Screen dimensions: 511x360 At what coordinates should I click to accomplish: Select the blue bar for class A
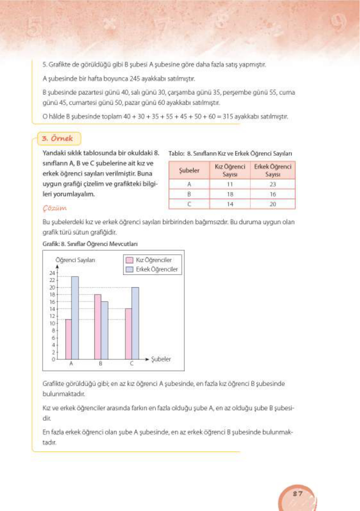point(75,318)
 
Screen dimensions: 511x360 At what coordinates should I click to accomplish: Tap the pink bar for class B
point(98,327)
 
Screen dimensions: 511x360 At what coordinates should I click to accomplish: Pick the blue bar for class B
point(105,330)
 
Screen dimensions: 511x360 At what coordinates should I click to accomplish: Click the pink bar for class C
point(129,334)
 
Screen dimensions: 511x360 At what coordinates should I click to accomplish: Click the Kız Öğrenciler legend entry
point(153,260)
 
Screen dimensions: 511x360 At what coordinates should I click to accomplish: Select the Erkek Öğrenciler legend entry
point(156,269)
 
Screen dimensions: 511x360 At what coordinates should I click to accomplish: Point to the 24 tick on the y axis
point(52,273)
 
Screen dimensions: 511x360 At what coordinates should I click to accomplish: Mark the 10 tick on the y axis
point(52,323)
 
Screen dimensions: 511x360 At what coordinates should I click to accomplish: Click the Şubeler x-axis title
point(161,359)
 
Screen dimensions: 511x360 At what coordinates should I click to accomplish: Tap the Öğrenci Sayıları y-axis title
point(75,260)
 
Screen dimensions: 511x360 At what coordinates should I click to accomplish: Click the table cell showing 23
point(272,184)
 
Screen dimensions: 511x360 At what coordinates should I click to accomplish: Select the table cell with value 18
point(230,194)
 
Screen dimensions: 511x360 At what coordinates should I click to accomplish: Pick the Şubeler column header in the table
point(189,171)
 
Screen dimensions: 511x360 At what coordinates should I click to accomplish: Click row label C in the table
point(189,204)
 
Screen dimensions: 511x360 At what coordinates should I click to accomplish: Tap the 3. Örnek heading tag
point(58,138)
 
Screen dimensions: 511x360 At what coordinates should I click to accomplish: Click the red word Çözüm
point(54,208)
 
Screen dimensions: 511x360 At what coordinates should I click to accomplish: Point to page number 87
point(298,494)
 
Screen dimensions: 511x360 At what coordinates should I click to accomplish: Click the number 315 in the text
point(228,117)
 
